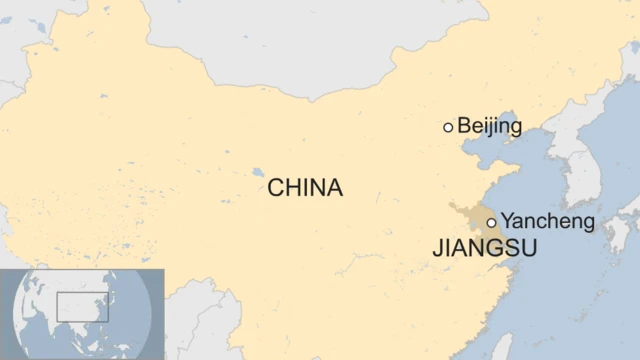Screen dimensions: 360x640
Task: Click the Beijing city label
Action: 490,126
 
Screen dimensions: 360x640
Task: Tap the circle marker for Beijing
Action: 448,127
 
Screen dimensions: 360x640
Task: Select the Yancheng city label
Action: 547,221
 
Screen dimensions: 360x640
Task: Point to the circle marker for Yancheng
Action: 491,223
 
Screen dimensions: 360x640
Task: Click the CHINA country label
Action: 305,187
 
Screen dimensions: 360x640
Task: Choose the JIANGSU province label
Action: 485,249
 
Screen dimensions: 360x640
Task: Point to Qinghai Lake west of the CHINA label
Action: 259,171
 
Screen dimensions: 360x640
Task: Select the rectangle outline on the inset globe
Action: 82,307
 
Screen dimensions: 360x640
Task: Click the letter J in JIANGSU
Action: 438,249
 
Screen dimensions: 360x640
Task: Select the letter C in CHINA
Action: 275,187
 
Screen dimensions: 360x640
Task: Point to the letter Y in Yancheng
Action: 507,221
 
